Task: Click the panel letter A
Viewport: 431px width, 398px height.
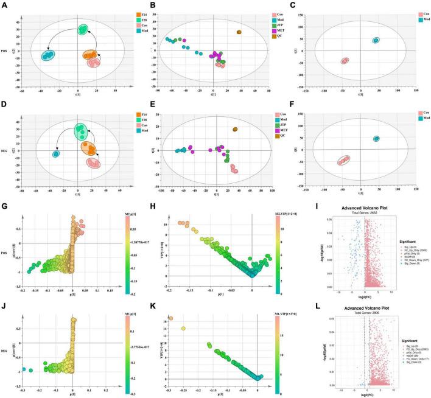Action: (5, 5)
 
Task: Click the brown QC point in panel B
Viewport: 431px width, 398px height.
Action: (239, 32)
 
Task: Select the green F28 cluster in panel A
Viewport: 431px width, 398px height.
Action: (83, 30)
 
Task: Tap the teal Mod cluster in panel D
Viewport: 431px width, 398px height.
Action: (56, 154)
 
